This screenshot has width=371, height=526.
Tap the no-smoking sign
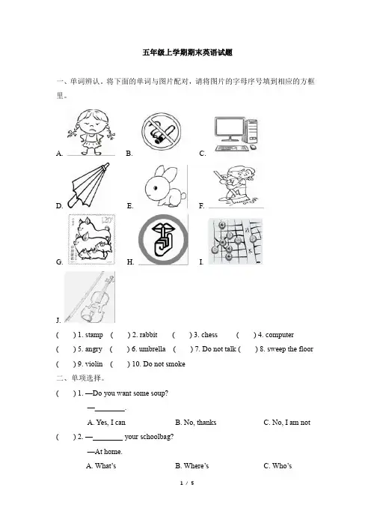tap(161, 131)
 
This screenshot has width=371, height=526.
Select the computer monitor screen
tap(230, 127)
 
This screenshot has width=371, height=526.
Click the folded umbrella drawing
tap(88, 186)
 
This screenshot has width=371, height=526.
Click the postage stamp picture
tap(91, 239)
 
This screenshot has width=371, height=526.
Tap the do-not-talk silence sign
tap(163, 240)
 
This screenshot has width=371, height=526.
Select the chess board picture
tap(236, 241)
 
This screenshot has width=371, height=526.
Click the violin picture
tap(90, 297)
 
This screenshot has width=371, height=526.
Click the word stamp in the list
tap(94, 335)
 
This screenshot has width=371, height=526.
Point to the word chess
tap(209, 335)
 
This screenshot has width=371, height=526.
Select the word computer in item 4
tap(280, 335)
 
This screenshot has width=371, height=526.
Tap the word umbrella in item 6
tap(152, 349)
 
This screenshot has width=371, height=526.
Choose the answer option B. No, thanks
tap(196, 423)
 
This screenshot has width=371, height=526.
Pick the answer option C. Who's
tap(278, 466)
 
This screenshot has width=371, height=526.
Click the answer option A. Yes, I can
tap(106, 423)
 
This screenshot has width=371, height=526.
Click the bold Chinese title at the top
tap(188, 52)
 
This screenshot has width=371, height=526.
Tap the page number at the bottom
tap(187, 483)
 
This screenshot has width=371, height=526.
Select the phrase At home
tap(105, 452)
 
